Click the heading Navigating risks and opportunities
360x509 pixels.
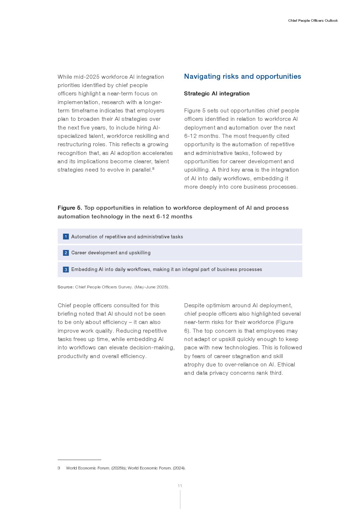[x=242, y=77]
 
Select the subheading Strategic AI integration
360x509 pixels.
[x=217, y=94]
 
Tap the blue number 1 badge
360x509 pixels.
[x=66, y=237]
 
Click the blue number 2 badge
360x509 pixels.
[x=66, y=253]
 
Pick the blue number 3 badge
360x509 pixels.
[x=66, y=270]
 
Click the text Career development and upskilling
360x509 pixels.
[x=111, y=253]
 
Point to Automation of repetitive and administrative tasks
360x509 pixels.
[x=127, y=237]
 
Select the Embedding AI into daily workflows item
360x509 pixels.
[x=167, y=270]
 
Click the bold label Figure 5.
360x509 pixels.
[x=70, y=208]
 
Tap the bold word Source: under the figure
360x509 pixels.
[x=65, y=287]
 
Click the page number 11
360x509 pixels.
[x=180, y=486]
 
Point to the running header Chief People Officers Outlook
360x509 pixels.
[x=313, y=21]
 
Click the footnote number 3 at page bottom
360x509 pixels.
[x=59, y=468]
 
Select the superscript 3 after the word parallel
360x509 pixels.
[x=153, y=169]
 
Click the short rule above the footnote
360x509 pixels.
[x=79, y=460]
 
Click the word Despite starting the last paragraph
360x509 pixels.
[x=194, y=305]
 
